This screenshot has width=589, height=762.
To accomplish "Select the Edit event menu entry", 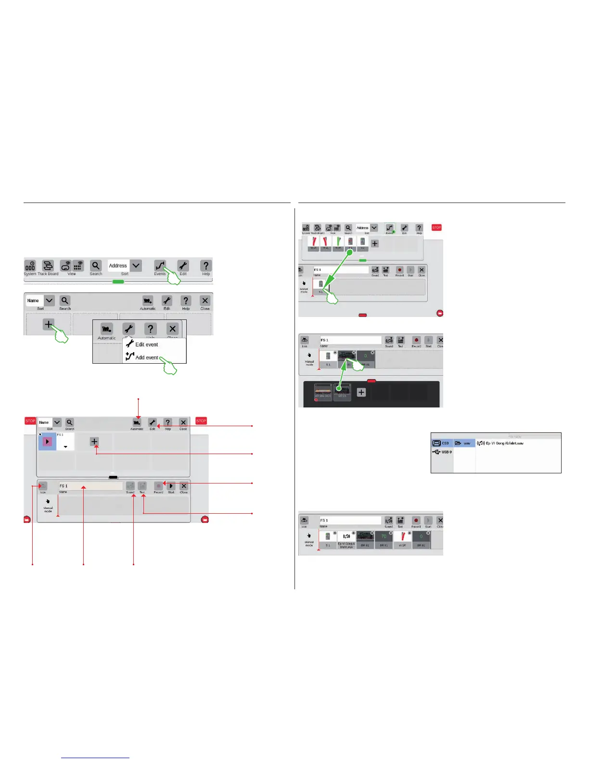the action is (146, 344).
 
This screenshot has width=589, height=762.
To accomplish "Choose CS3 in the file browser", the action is (442, 443).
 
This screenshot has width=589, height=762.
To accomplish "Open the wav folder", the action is (464, 443).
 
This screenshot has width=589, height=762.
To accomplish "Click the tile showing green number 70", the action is (384, 539).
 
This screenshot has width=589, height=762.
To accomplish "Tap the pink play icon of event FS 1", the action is (47, 441).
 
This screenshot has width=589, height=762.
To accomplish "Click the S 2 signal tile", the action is (363, 243).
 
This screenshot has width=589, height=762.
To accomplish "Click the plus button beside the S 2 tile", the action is (375, 243).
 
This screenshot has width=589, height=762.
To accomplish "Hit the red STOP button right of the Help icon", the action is (436, 228).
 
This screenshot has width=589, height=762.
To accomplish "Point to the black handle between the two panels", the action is (113, 477).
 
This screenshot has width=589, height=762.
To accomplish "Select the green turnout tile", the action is (338, 243).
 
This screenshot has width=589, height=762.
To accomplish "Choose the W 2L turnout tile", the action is (326, 243).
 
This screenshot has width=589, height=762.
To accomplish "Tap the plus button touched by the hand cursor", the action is (49, 324).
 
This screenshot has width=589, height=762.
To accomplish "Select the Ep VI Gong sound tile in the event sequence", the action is (346, 539).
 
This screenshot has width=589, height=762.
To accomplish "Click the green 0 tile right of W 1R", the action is (421, 539).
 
